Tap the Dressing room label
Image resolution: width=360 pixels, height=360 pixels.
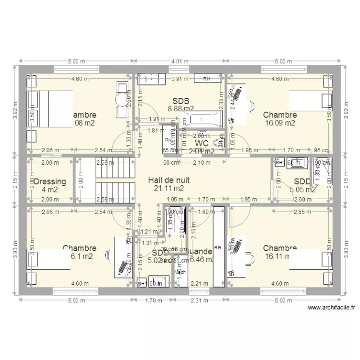[50, 182]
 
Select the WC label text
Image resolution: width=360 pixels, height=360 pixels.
[201, 143]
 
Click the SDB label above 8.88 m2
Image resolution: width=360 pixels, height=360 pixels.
[180, 101]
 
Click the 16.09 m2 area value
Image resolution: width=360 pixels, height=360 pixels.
[279, 123]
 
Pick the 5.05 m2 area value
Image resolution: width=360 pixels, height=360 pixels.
[303, 190]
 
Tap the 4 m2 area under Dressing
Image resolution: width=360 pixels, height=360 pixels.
[50, 190]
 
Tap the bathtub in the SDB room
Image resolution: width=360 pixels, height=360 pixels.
[202, 117]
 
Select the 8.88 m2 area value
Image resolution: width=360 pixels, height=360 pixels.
[180, 109]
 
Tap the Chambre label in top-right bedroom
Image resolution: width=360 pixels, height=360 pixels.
[279, 115]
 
